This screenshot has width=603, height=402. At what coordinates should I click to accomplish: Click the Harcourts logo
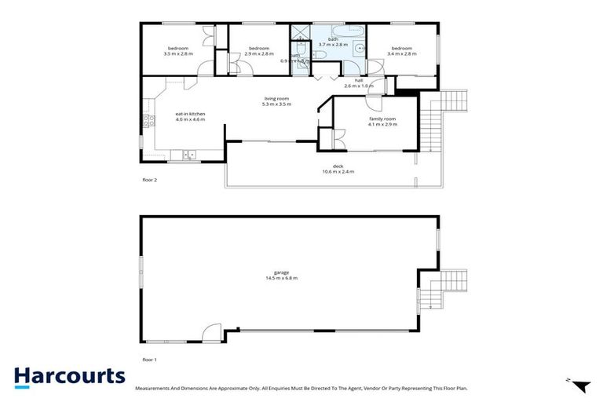pos(69,375)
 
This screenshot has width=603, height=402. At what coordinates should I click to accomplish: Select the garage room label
pos(281,272)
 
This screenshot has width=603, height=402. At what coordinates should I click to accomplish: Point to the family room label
pos(382,119)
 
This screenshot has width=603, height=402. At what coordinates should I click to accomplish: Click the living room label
pos(276,98)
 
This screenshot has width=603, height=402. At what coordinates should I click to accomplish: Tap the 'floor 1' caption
pos(149,359)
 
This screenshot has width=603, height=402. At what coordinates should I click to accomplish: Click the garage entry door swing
pos(211,334)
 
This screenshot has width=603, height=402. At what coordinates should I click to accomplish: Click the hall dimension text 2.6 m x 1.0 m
pos(358,86)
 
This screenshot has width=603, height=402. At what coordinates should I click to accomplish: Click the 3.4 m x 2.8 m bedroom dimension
pos(402,53)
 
